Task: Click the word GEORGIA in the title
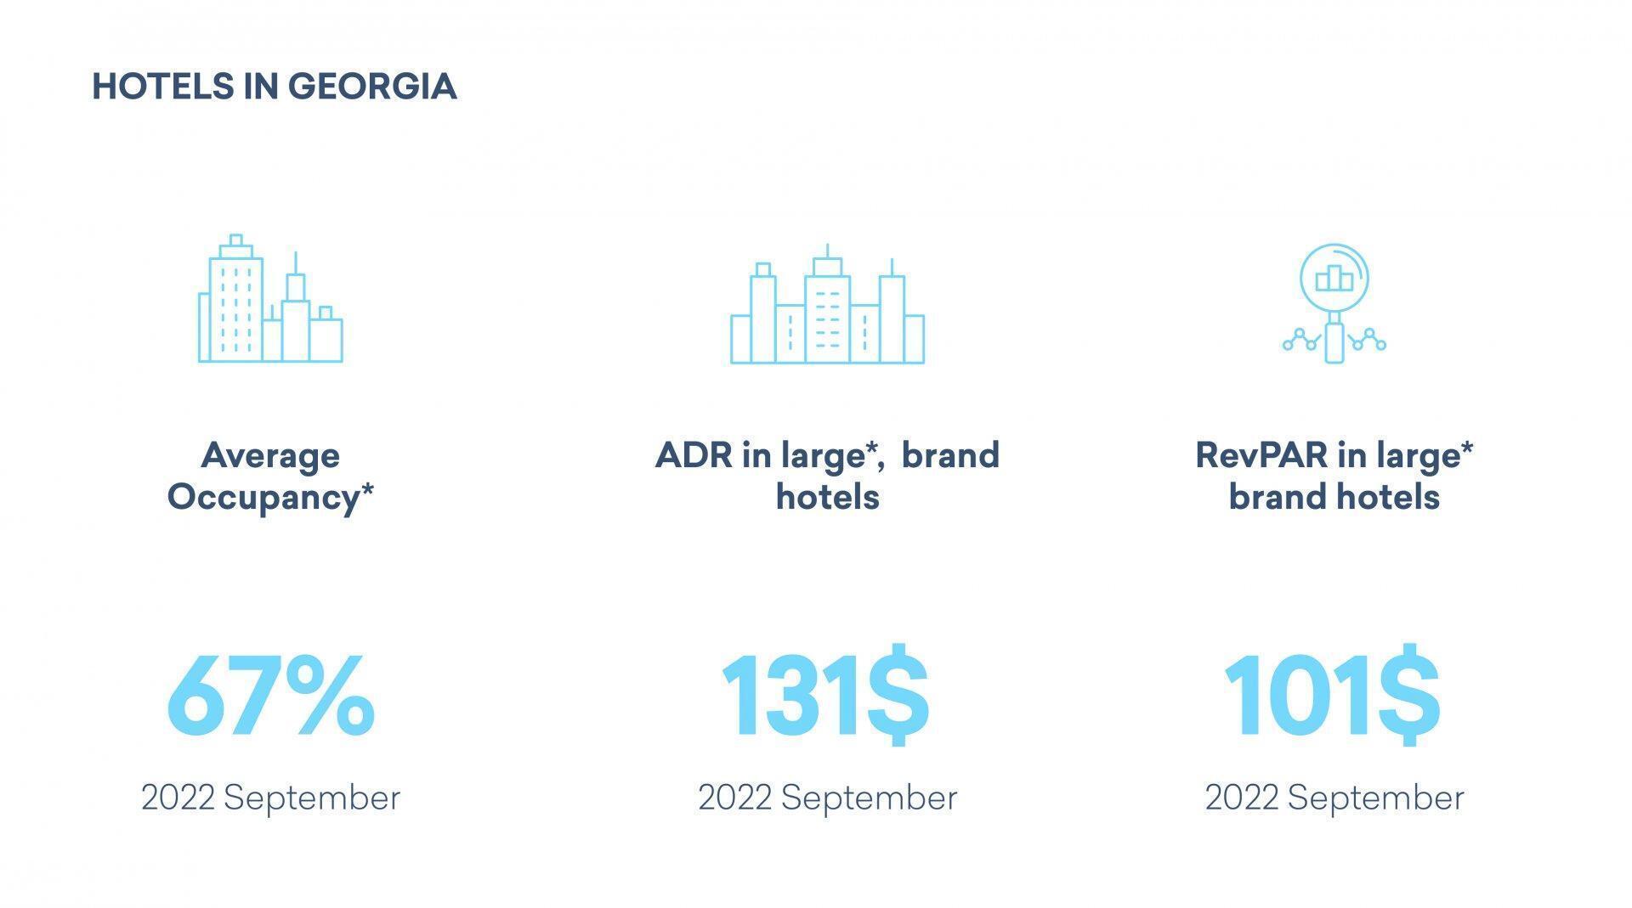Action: (372, 87)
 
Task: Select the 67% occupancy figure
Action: (270, 696)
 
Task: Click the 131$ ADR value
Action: (825, 695)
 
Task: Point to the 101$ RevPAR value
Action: (1332, 695)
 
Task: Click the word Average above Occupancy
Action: (270, 456)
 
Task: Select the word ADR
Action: (694, 455)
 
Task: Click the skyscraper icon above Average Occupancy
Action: (270, 298)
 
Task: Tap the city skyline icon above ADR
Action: (827, 304)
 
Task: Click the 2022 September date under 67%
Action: (270, 798)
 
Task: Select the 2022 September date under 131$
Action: (827, 798)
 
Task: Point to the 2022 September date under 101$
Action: (1334, 798)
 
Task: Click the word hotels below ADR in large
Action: (827, 497)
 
